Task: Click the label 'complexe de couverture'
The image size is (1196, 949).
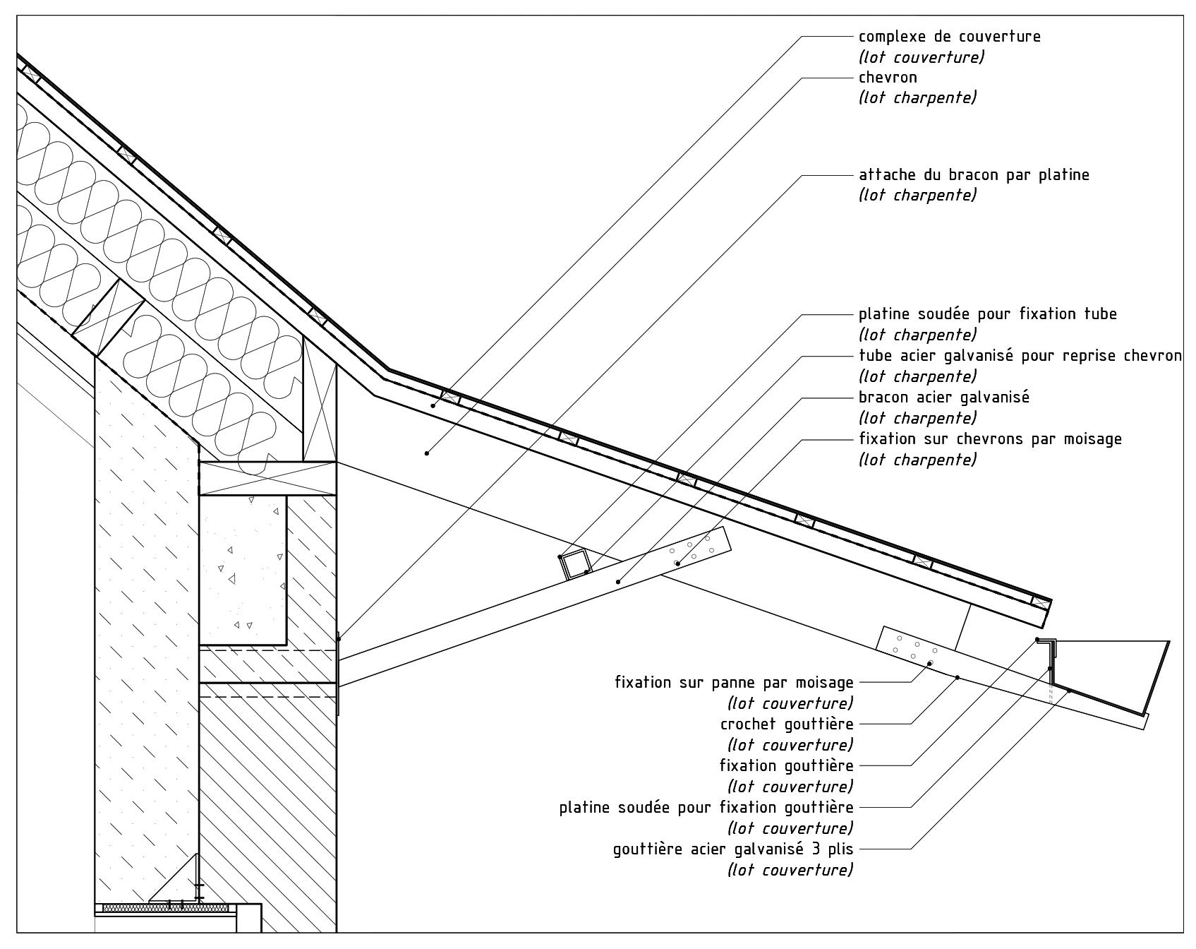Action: click(949, 36)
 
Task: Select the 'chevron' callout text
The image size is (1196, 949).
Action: click(888, 77)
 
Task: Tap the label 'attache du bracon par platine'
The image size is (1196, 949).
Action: click(974, 174)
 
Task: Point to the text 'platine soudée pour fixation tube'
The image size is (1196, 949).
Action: click(988, 314)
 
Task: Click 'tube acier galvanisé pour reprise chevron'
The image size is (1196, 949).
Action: click(1020, 355)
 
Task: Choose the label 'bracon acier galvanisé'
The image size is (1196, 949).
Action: click(944, 397)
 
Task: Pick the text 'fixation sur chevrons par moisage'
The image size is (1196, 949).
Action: click(990, 438)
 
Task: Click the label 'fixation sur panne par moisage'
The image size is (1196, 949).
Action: click(735, 683)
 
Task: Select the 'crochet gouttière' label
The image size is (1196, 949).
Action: click(787, 724)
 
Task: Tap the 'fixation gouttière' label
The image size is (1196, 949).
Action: click(787, 765)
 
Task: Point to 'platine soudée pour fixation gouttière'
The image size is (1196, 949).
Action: click(706, 807)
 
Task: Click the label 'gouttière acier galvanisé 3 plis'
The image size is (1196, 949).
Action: click(734, 849)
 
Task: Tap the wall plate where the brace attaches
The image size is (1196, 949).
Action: click(339, 673)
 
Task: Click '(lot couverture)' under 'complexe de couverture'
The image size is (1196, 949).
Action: click(921, 56)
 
